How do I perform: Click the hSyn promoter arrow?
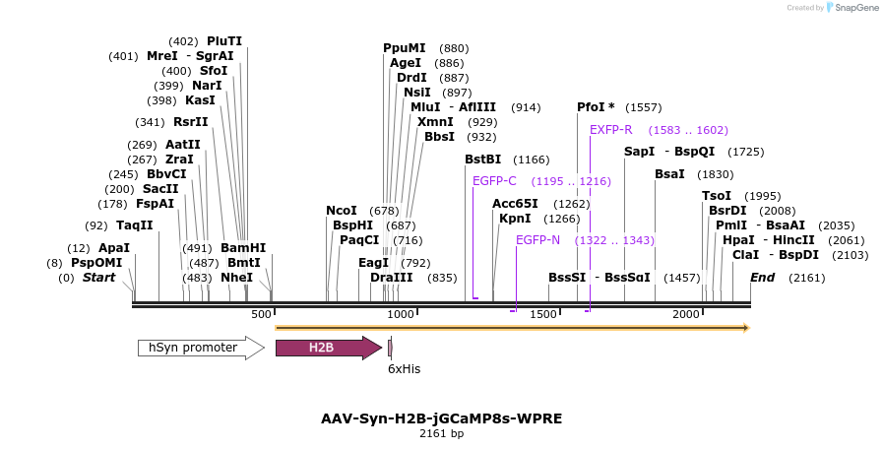(201, 348)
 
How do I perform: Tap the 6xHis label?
(404, 368)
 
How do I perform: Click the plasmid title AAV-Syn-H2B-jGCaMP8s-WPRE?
(441, 418)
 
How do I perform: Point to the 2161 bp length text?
(441, 433)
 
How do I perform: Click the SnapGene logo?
(849, 8)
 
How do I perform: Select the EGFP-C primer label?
(494, 181)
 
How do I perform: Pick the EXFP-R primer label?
(610, 130)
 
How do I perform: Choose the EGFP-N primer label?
(537, 240)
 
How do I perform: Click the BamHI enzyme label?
(243, 248)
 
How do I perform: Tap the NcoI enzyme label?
(342, 211)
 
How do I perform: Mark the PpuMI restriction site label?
(405, 48)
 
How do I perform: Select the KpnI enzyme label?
(515, 219)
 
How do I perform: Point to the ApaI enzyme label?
(114, 248)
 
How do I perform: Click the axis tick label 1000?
(401, 314)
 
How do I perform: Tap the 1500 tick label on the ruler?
(543, 314)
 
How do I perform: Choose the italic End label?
(763, 278)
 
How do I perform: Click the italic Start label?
(98, 278)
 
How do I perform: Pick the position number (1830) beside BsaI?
(715, 174)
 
